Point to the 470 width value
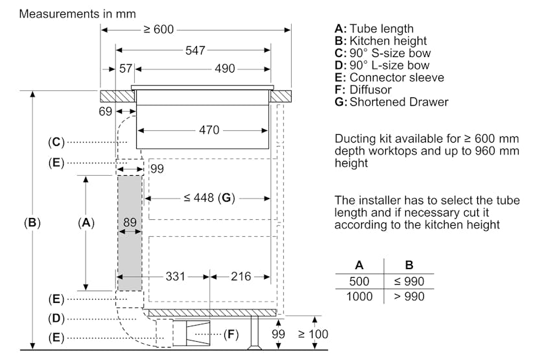(209, 130)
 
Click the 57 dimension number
(125, 69)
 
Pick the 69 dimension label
(106, 112)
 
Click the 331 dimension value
(175, 277)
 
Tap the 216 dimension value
(241, 277)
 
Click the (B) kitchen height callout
(32, 223)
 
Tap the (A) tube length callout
(86, 223)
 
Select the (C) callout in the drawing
(55, 141)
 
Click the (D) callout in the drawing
(55, 318)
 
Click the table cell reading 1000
(359, 296)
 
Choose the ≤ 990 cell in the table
(409, 281)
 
